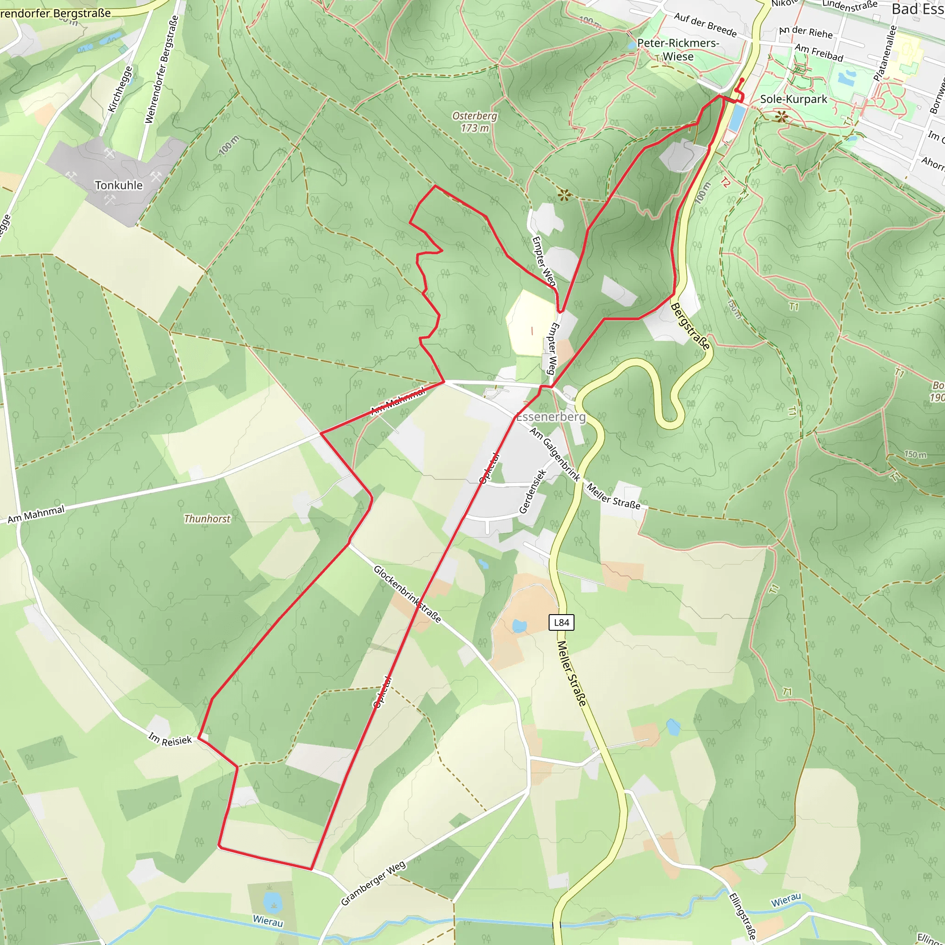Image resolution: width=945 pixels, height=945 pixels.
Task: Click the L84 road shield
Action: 561,622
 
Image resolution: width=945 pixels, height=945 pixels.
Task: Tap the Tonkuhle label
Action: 119,185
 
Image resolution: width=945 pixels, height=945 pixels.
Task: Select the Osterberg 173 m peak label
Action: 474,122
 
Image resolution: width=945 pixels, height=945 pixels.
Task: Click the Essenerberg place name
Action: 551,417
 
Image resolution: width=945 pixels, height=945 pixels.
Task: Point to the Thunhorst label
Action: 207,519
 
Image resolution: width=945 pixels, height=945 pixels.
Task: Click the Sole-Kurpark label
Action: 793,99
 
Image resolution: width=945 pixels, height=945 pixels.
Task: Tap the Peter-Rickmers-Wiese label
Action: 678,50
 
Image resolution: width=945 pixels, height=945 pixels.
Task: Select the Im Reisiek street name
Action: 170,739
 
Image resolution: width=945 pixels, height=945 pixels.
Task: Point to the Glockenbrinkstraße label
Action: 407,594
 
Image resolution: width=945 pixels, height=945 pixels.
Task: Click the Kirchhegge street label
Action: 120,89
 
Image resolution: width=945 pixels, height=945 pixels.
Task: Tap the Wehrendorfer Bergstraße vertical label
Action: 162,69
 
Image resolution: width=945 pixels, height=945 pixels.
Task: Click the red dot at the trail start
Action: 742,80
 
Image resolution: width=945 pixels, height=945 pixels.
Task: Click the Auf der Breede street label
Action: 705,24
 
